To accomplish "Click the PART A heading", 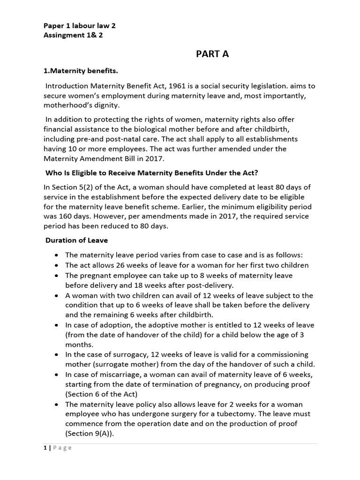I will (x=212, y=54).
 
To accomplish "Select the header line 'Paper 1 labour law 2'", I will (x=79, y=26).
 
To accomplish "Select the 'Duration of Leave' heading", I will (x=76, y=240).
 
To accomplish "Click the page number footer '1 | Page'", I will (x=55, y=448).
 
